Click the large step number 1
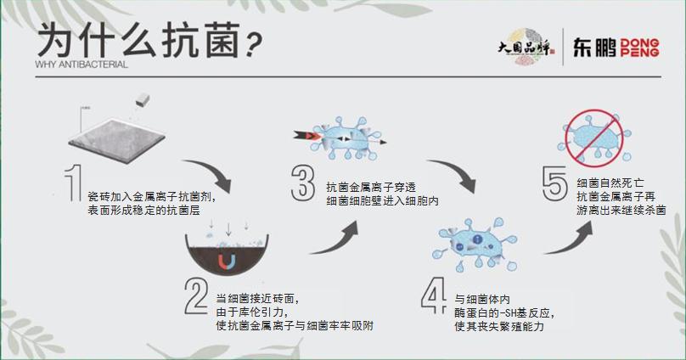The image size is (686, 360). [74, 184]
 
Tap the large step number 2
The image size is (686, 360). [195, 296]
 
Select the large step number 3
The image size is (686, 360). [304, 183]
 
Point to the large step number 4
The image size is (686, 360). [433, 298]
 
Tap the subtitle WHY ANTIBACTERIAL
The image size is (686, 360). [82, 65]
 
